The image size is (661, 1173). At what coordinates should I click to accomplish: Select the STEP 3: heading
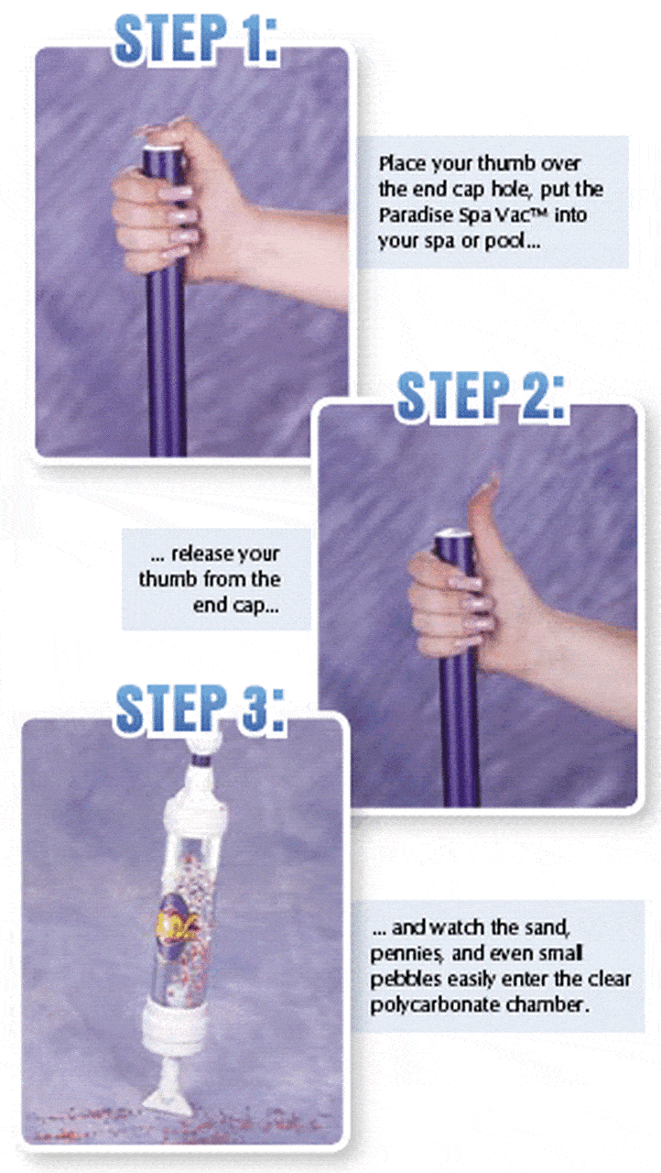[x=200, y=708]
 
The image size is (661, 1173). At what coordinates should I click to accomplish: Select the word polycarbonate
[x=435, y=1004]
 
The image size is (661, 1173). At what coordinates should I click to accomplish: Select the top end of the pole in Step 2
[x=453, y=534]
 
